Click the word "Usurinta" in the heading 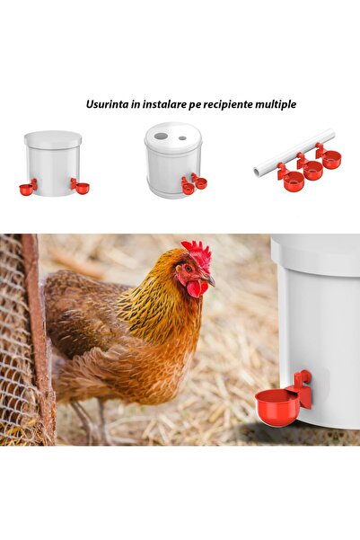point(106,104)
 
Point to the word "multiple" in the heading point(277,104)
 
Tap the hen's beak point(209,280)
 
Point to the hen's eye point(189,268)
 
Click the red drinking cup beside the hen point(277,406)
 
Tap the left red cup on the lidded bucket point(26,190)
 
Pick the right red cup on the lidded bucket point(82,188)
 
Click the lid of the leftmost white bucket point(53,140)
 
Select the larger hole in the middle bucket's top point(161,136)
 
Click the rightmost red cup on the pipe point(332,161)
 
